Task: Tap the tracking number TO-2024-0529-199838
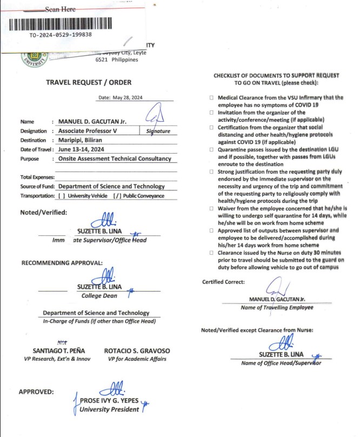point(61,35)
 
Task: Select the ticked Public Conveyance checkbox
point(117,196)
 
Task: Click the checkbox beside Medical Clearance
point(211,98)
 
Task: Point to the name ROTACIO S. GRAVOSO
point(137,351)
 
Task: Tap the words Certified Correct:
point(223,282)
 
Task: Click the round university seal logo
point(34,59)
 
